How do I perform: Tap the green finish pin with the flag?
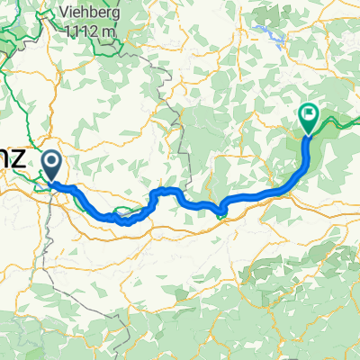[x=308, y=115]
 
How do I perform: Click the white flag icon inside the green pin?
[x=308, y=113]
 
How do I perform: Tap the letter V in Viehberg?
[x=65, y=12]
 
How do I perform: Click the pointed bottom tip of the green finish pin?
[x=308, y=134]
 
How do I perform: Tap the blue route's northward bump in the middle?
[x=166, y=192]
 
